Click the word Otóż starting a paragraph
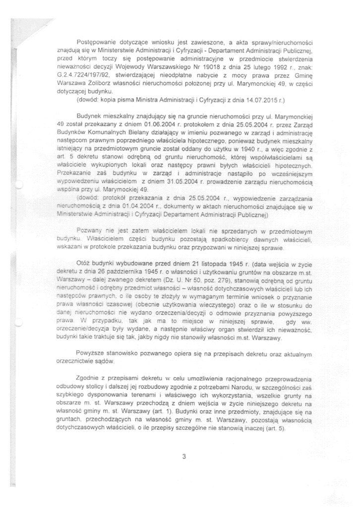84,260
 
